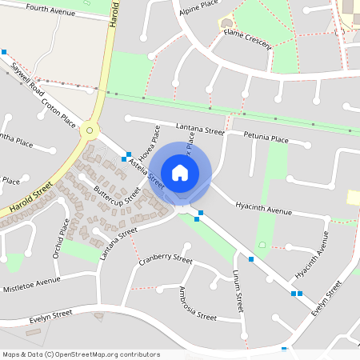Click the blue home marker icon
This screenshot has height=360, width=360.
click(180, 172)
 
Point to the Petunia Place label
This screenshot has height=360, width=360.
click(266, 138)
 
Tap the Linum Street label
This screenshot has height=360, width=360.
click(238, 291)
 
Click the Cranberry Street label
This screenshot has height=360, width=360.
click(166, 260)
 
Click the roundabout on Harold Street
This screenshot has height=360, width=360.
click(90, 130)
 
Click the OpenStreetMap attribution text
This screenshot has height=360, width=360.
click(81, 354)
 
